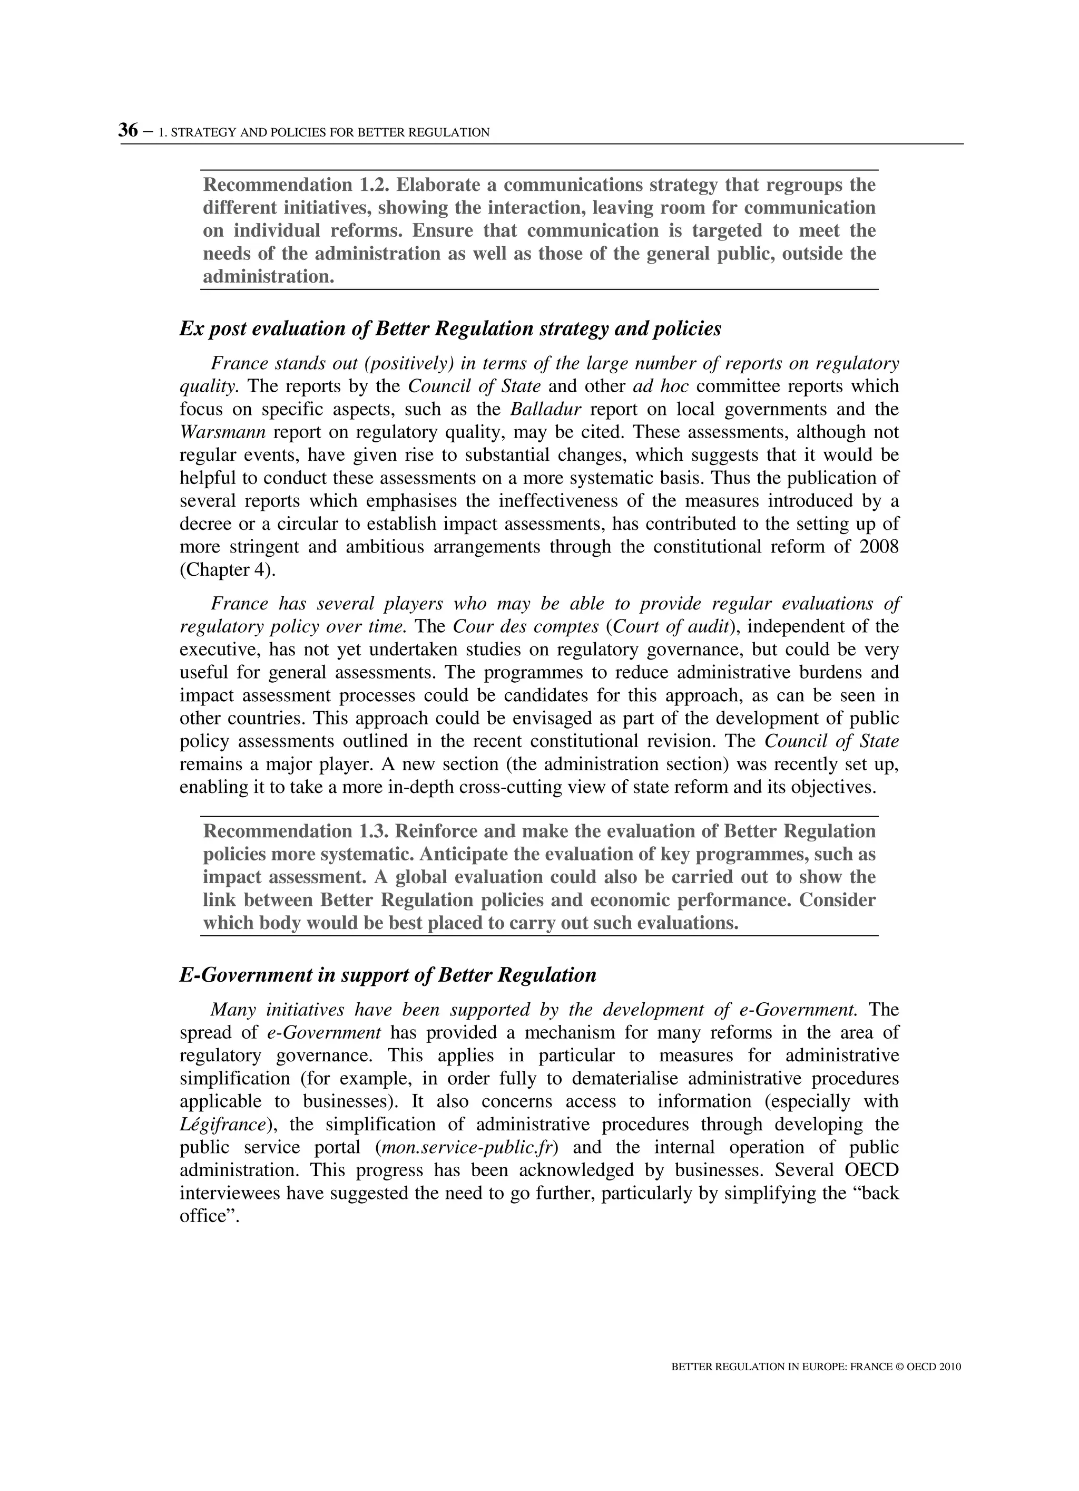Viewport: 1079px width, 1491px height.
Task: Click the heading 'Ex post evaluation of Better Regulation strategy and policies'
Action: click(450, 328)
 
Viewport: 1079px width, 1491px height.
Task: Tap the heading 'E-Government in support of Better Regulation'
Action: click(388, 975)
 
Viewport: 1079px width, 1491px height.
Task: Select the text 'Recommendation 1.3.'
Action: click(296, 831)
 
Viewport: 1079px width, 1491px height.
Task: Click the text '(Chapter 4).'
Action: click(228, 570)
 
